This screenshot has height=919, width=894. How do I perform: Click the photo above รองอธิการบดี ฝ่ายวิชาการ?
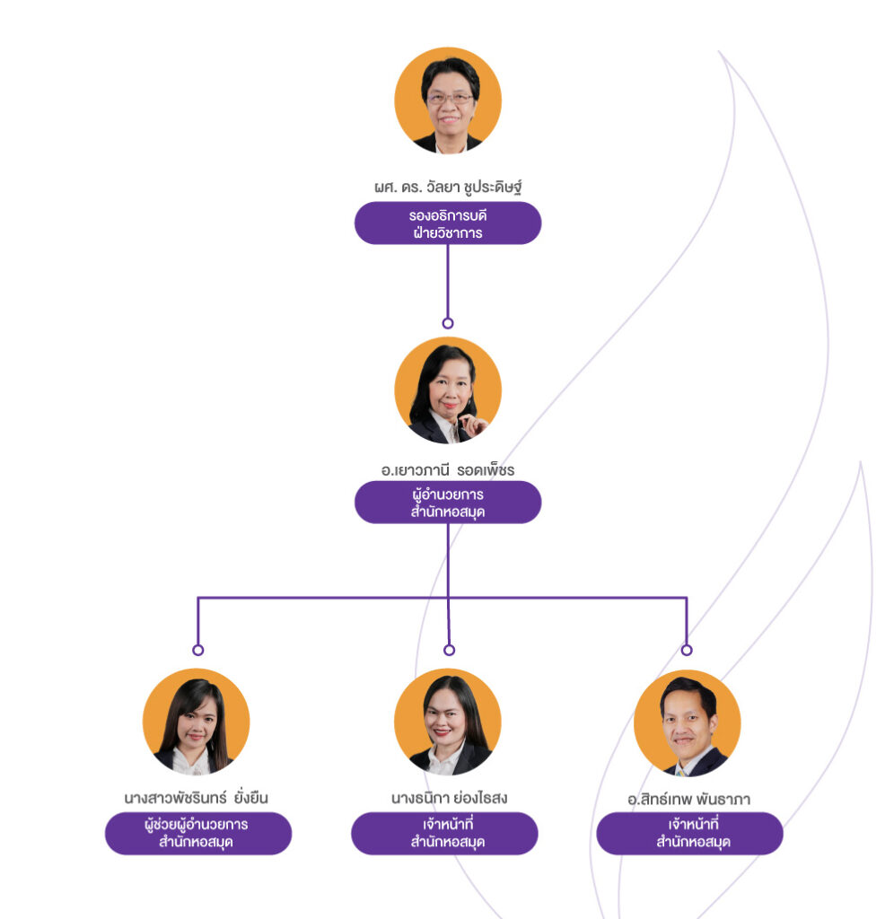point(448,100)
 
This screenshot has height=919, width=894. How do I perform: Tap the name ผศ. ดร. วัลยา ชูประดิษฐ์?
point(448,188)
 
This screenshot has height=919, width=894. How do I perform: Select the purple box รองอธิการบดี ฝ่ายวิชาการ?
point(448,223)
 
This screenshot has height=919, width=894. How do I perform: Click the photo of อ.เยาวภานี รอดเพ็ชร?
point(448,390)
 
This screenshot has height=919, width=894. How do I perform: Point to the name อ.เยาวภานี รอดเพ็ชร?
point(448,468)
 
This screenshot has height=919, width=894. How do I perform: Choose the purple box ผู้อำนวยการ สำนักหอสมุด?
point(448,502)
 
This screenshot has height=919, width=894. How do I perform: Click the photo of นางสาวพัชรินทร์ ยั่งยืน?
point(196,722)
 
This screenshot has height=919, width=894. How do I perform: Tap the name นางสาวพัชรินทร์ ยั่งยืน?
point(197,797)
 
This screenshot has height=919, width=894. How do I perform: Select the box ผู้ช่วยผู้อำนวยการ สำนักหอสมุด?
point(198,833)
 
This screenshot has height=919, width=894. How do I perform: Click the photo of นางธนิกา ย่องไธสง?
point(448,722)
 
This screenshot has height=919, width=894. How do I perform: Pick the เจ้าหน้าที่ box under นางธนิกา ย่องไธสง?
point(444,833)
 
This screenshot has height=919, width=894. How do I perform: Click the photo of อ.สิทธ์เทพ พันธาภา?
point(688,722)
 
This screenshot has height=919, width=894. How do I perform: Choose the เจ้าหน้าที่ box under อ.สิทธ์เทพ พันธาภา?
point(689,833)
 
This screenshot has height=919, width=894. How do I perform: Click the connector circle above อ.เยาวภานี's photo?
point(448,323)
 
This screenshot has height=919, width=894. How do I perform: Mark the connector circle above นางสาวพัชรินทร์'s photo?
point(198,650)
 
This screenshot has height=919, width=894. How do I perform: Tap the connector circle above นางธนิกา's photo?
point(449,650)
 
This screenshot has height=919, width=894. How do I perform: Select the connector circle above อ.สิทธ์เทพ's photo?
point(687,650)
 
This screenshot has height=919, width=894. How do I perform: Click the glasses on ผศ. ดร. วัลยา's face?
point(449,98)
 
